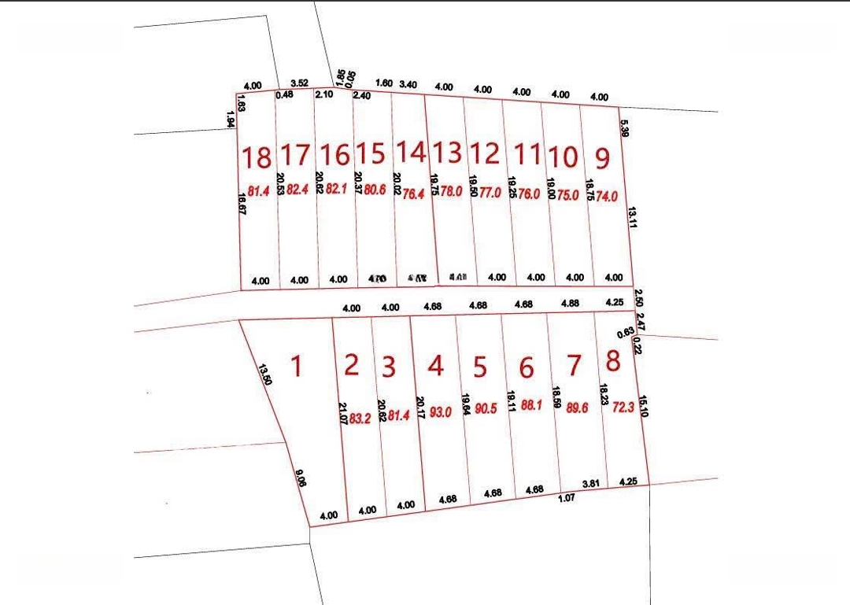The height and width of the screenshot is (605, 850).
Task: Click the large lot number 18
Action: click(x=257, y=157)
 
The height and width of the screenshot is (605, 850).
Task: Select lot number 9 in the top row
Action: click(x=602, y=158)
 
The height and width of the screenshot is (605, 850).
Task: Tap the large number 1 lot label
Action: click(x=296, y=366)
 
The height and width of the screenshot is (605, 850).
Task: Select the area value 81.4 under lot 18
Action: click(x=259, y=191)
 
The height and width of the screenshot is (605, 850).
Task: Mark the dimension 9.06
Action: click(x=301, y=479)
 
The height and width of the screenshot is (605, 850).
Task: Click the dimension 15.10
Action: click(x=644, y=406)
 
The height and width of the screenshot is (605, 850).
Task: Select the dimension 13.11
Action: click(x=631, y=217)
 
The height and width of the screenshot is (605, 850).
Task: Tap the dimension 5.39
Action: click(x=623, y=128)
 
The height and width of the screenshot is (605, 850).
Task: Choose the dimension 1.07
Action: click(x=567, y=498)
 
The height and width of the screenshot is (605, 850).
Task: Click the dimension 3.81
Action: click(x=591, y=483)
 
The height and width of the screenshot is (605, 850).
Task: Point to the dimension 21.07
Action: click(x=342, y=415)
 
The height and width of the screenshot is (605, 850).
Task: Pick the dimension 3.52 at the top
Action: click(x=299, y=83)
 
